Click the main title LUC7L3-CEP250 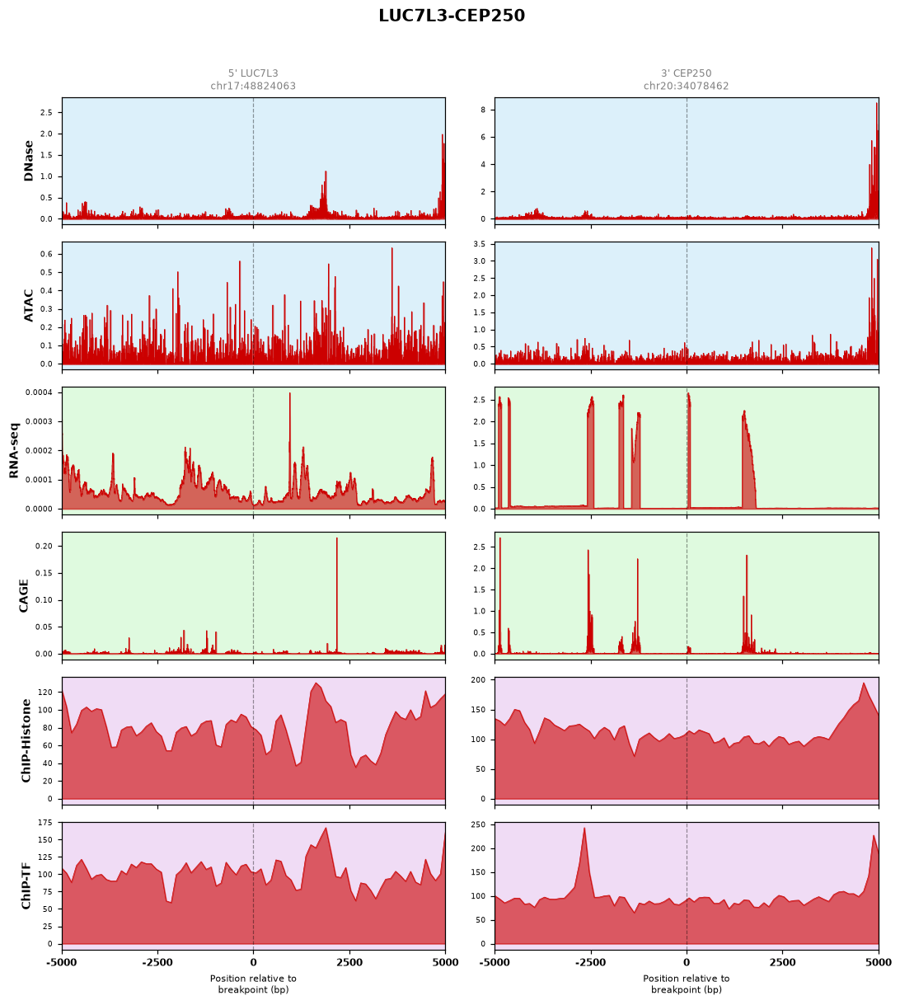click(x=452, y=16)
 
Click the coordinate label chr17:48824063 click(x=253, y=86)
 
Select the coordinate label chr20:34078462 click(x=686, y=86)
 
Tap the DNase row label click(x=28, y=161)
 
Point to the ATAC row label click(x=28, y=306)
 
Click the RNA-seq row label click(x=13, y=450)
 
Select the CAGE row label click(x=23, y=596)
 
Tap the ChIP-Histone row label click(x=26, y=740)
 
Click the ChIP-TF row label click(x=26, y=886)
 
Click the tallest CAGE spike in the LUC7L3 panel click(x=337, y=538)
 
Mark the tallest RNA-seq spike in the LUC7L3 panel click(x=290, y=394)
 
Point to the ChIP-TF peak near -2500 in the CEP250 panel click(x=584, y=829)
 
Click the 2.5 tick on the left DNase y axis click(x=46, y=113)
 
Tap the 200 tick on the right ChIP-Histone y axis click(x=478, y=680)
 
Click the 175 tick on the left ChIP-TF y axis click(x=45, y=823)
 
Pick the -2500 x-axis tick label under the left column click(x=157, y=963)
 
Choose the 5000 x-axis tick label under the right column click(x=879, y=963)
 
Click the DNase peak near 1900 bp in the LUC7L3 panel click(x=326, y=172)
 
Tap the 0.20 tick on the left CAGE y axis click(x=45, y=546)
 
